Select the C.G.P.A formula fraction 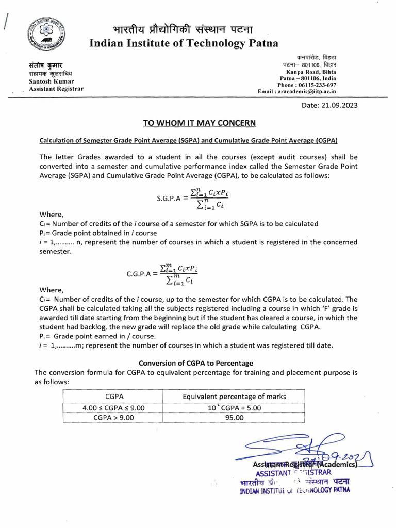pos(179,273)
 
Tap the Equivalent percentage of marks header pos(234,396)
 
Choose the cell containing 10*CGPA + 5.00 pos(234,407)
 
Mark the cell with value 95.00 pos(234,418)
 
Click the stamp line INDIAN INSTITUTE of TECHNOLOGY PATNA pos(294,490)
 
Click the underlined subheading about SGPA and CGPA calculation pos(188,140)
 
